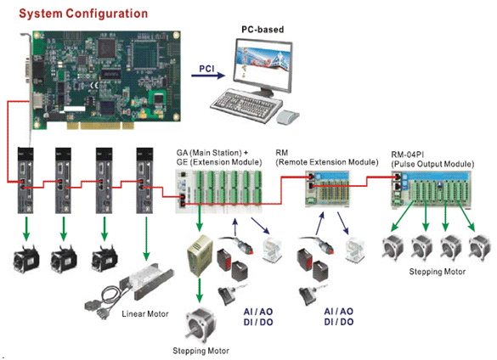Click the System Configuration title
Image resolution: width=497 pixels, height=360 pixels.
(x=83, y=14)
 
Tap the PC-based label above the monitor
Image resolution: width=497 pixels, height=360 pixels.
(x=263, y=30)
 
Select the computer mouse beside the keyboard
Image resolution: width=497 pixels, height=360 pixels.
(x=287, y=116)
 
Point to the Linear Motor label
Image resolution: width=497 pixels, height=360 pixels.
(x=145, y=314)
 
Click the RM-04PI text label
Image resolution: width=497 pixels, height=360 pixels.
(x=407, y=155)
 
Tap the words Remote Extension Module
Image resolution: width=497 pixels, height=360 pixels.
(x=327, y=162)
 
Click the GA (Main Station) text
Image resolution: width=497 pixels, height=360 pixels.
(x=209, y=153)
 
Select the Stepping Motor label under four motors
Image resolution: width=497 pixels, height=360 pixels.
(x=437, y=272)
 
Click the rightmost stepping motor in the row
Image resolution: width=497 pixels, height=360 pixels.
(x=479, y=248)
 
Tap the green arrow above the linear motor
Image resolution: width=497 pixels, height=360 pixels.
(x=146, y=238)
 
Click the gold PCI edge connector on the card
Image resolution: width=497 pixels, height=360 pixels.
(x=100, y=126)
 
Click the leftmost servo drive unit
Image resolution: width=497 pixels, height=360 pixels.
(x=25, y=180)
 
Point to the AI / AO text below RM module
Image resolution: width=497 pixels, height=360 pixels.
(x=338, y=312)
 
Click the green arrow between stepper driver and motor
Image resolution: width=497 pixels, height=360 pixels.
(x=199, y=290)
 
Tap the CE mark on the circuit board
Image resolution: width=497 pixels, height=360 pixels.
(x=95, y=85)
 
